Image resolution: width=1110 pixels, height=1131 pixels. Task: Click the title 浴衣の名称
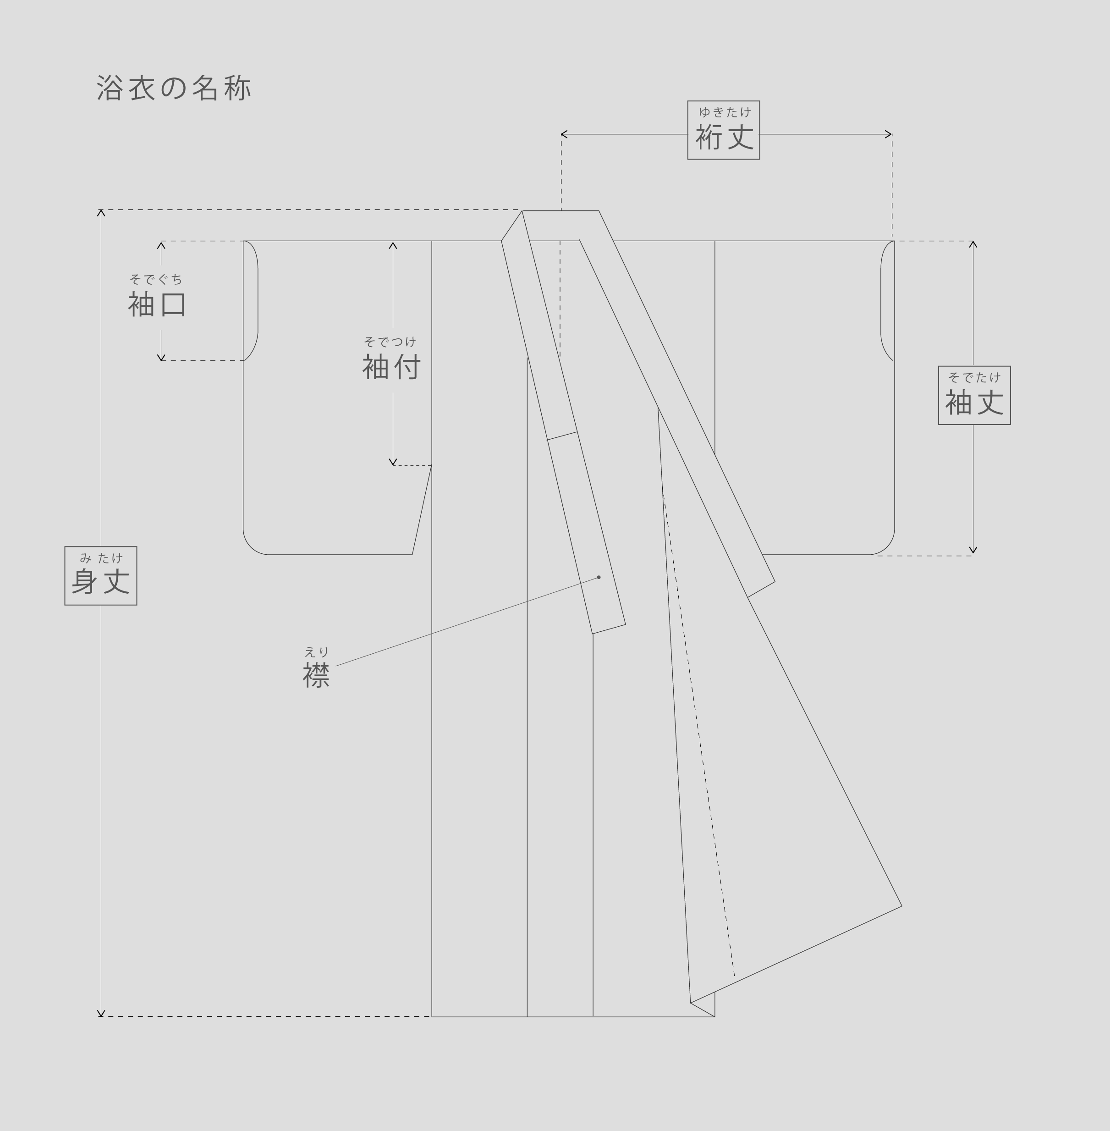tap(174, 88)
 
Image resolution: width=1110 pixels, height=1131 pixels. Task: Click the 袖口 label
tap(157, 304)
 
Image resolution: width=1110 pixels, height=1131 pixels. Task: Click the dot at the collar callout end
tap(599, 578)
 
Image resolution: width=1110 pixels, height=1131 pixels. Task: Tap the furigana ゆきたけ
tap(725, 111)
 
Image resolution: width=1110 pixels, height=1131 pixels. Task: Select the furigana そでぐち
tap(156, 279)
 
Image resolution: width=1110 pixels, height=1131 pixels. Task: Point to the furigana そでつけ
tap(390, 342)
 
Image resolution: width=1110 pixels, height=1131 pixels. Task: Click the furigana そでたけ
tap(974, 377)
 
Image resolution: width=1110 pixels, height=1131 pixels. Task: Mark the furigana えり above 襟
tap(317, 651)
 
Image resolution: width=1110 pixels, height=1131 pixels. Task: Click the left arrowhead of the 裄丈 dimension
tap(563, 135)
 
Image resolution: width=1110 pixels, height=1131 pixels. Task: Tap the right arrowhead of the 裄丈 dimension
tap(890, 135)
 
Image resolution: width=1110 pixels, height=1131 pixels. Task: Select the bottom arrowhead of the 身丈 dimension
tap(101, 1015)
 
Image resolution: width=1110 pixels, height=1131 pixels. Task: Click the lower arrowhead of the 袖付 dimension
tap(393, 463)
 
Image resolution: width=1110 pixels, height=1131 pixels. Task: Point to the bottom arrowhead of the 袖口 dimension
tap(161, 359)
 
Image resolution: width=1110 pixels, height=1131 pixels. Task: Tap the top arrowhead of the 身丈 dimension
tap(101, 212)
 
